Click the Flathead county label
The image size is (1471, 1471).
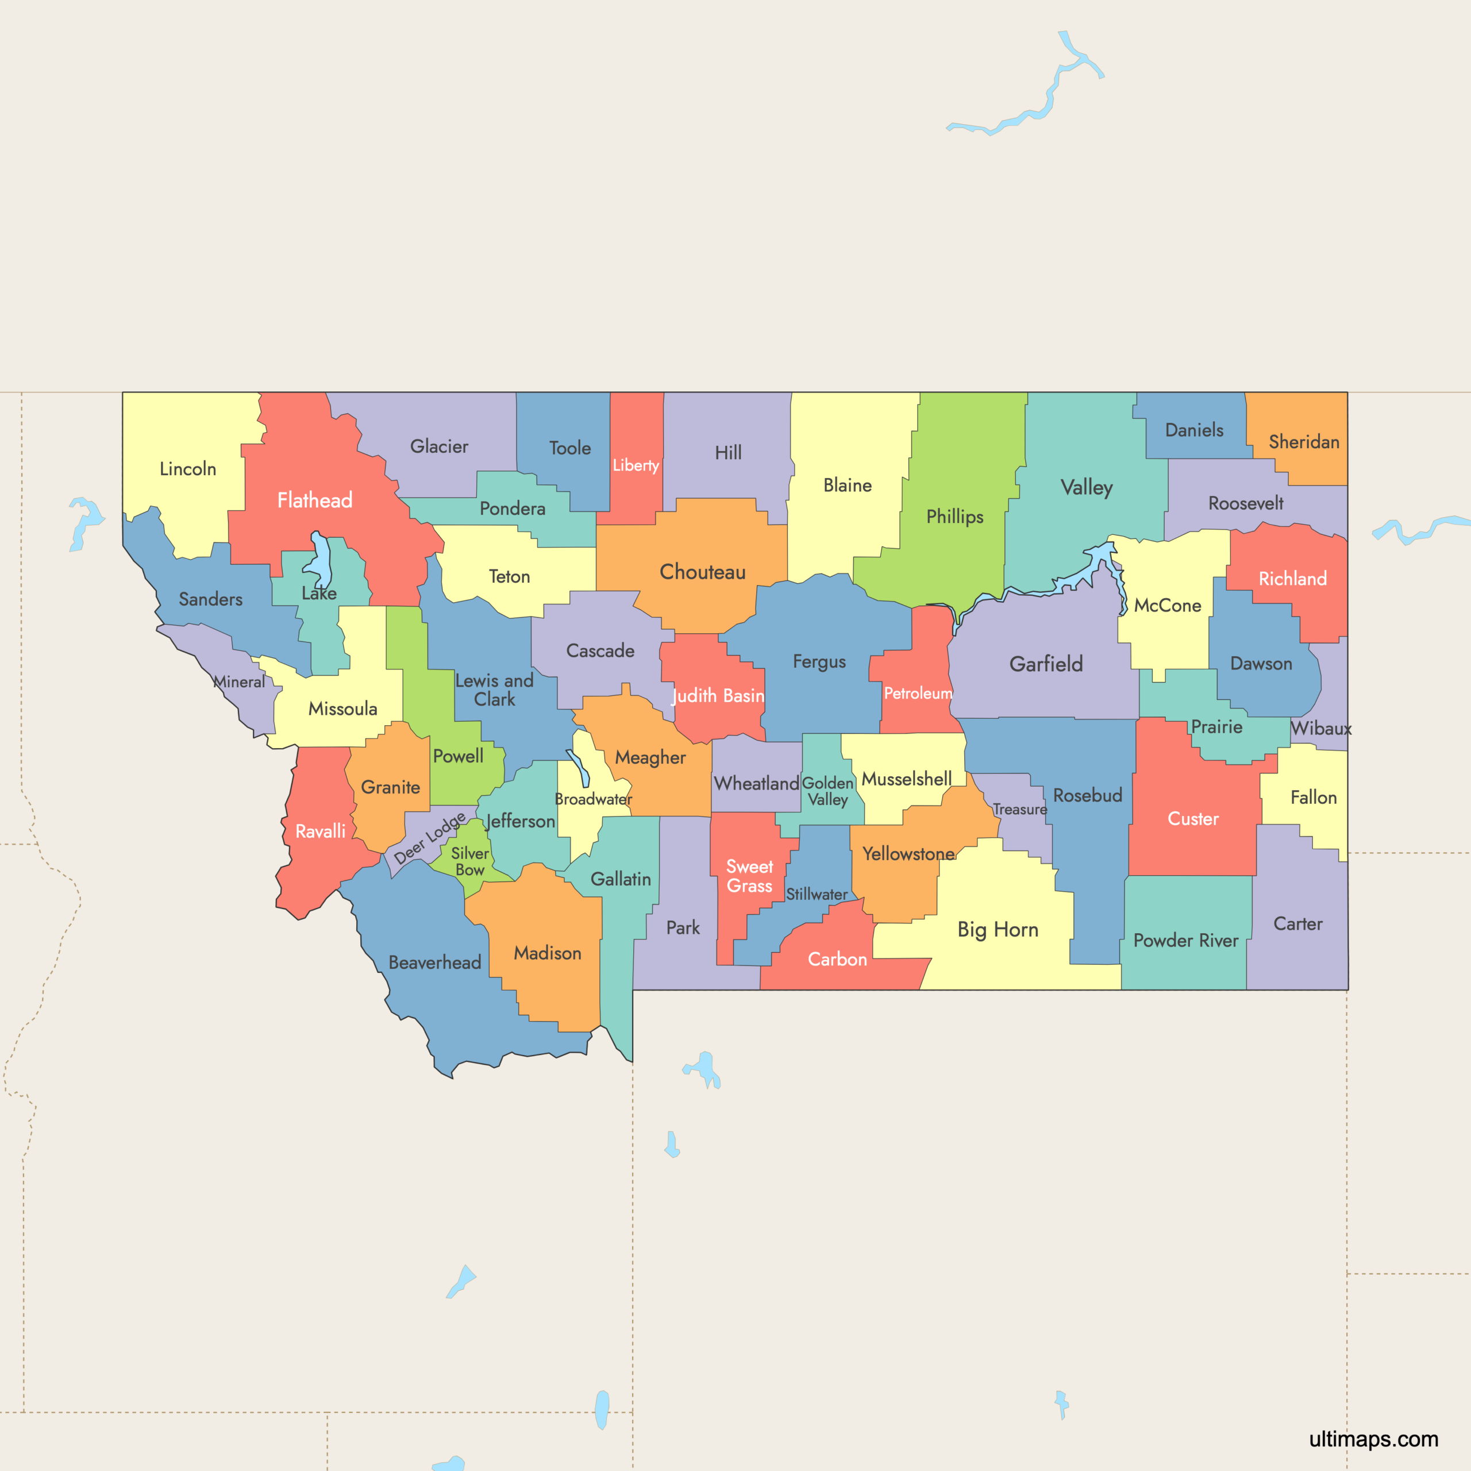[314, 500]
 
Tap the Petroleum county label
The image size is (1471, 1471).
[918, 694]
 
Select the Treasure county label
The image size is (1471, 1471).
[1019, 810]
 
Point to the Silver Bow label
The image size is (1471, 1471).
[470, 862]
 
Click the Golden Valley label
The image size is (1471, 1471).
[827, 791]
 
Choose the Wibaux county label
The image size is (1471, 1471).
[1321, 729]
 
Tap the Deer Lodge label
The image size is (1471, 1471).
[429, 838]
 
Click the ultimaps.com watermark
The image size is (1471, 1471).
[1373, 1439]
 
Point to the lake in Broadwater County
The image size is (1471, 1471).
[580, 769]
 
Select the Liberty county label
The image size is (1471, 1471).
[636, 465]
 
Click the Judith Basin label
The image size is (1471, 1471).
[718, 695]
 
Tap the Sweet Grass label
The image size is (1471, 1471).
[749, 876]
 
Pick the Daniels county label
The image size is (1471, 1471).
[1194, 430]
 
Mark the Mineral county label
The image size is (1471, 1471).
[239, 682]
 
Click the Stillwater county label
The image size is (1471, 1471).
[816, 895]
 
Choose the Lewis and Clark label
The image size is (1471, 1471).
[494, 690]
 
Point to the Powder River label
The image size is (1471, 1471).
[1185, 940]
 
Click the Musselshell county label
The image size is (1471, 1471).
[906, 780]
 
